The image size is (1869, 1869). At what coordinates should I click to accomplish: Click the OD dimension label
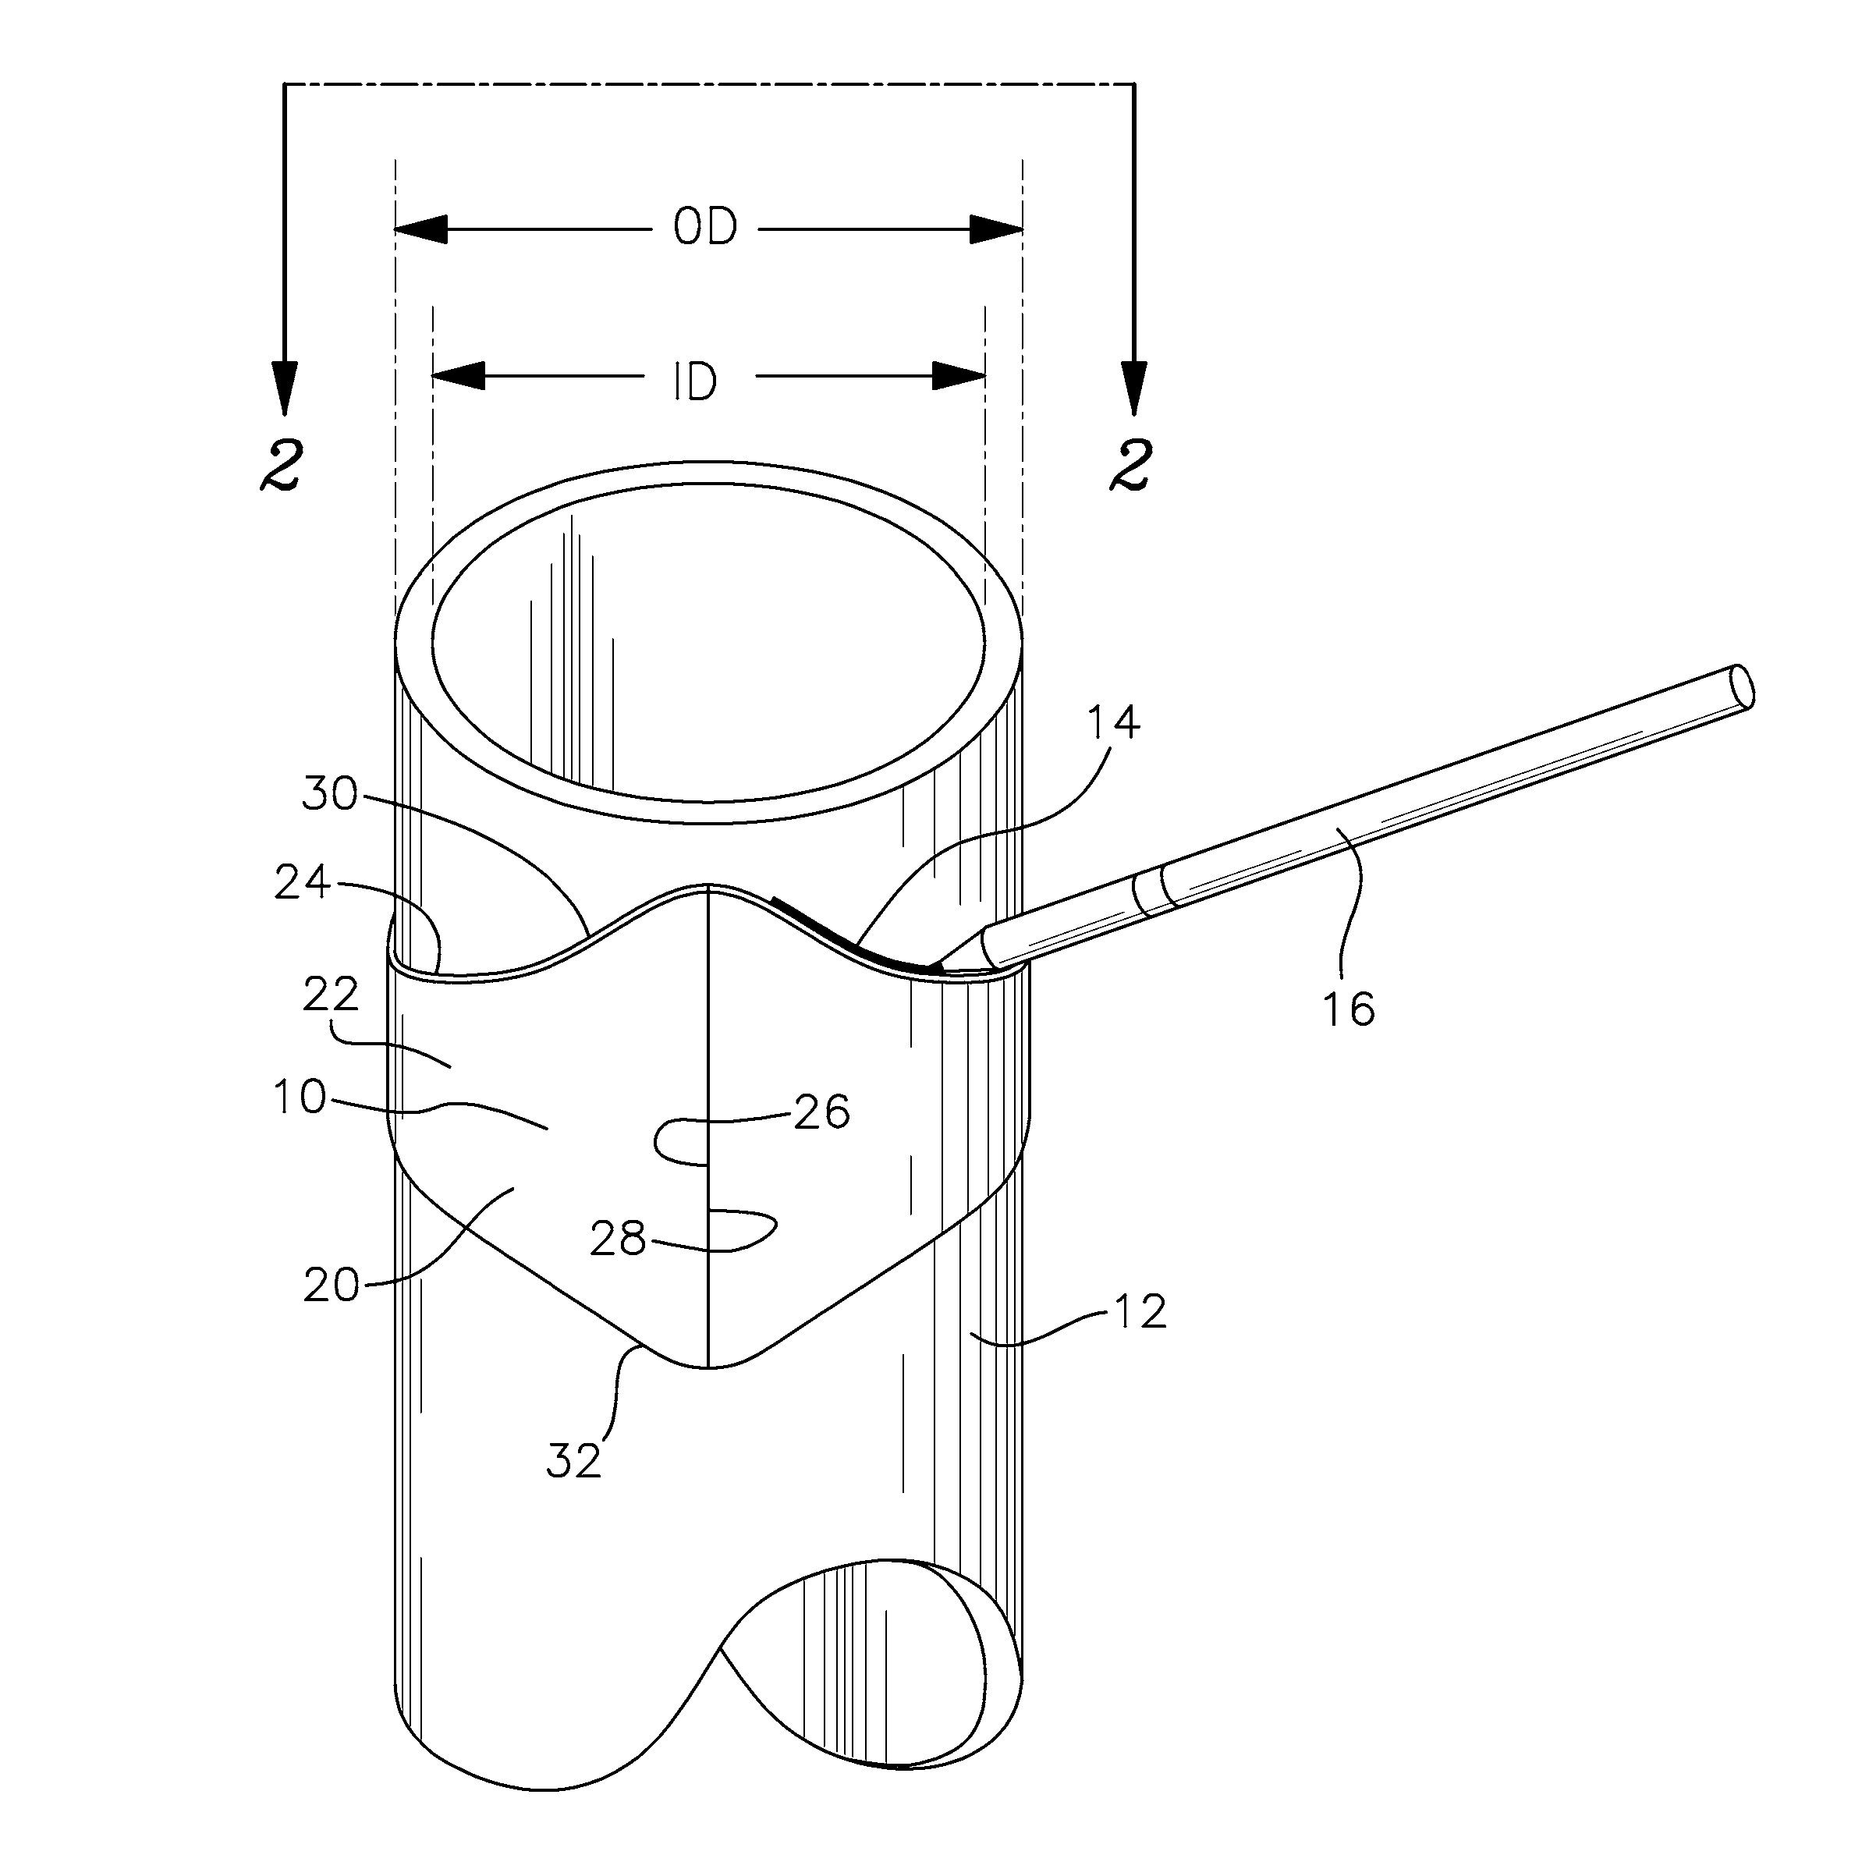[705, 229]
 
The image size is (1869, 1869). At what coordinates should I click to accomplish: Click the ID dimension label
[694, 382]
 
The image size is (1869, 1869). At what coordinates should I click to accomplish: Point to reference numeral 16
[1349, 1009]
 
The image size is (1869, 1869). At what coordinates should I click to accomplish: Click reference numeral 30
[330, 794]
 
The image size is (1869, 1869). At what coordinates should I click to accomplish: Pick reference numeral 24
[302, 883]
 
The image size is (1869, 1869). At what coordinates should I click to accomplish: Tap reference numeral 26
[821, 1112]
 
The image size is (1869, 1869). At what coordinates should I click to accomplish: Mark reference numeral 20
[331, 1286]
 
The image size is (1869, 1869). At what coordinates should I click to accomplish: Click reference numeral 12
[1140, 1312]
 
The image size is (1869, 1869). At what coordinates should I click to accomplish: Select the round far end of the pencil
[1741, 687]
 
